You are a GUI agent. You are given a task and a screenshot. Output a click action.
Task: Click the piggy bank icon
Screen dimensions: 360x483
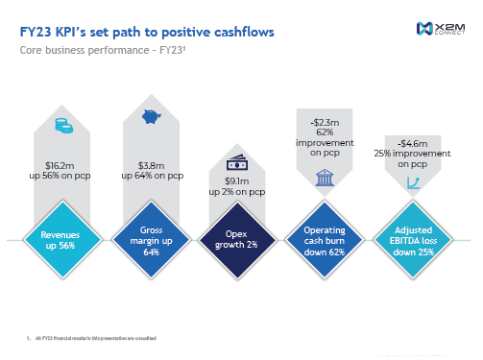[x=150, y=117]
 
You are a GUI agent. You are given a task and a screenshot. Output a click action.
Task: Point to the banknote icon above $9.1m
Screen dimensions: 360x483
[x=236, y=163]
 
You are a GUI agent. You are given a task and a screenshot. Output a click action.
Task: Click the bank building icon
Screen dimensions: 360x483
[x=324, y=176]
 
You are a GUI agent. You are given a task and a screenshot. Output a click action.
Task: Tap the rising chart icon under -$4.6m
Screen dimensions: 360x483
[x=412, y=181]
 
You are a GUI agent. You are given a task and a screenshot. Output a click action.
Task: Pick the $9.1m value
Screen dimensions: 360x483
[x=237, y=180]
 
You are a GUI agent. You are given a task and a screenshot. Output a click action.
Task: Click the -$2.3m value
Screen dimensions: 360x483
[x=325, y=122]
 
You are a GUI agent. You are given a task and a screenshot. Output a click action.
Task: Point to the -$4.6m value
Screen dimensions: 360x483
[x=412, y=143]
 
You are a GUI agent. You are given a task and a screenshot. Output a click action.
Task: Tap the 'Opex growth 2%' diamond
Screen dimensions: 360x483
[x=237, y=239]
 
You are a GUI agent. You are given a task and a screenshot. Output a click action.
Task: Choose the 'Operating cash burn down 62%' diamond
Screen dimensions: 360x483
[x=325, y=239]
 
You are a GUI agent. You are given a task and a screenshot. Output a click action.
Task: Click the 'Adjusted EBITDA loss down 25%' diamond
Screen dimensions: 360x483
[x=412, y=239]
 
